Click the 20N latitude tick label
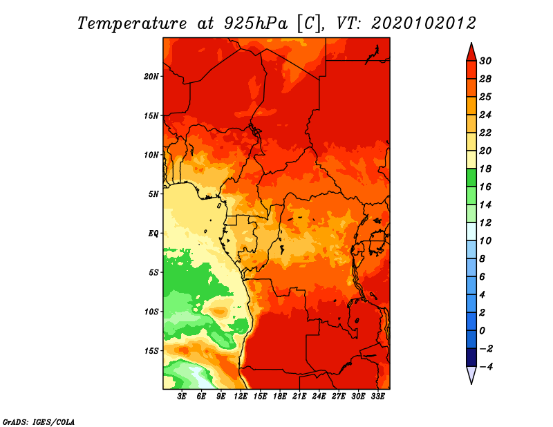(151, 77)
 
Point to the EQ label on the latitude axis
(153, 234)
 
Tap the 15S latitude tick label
(151, 351)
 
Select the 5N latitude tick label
(153, 194)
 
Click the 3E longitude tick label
(182, 397)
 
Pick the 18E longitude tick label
(280, 397)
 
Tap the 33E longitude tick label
(377, 397)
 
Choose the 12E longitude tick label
(241, 397)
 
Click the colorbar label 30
(485, 61)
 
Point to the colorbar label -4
(485, 367)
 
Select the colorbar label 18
(485, 169)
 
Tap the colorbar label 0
(482, 331)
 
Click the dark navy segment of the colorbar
(471, 357)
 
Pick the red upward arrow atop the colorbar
(471, 53)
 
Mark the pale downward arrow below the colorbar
(471, 375)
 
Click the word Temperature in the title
(132, 23)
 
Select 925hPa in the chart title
(255, 23)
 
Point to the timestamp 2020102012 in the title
(424, 23)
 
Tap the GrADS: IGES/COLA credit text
(39, 421)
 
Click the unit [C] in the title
(309, 23)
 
